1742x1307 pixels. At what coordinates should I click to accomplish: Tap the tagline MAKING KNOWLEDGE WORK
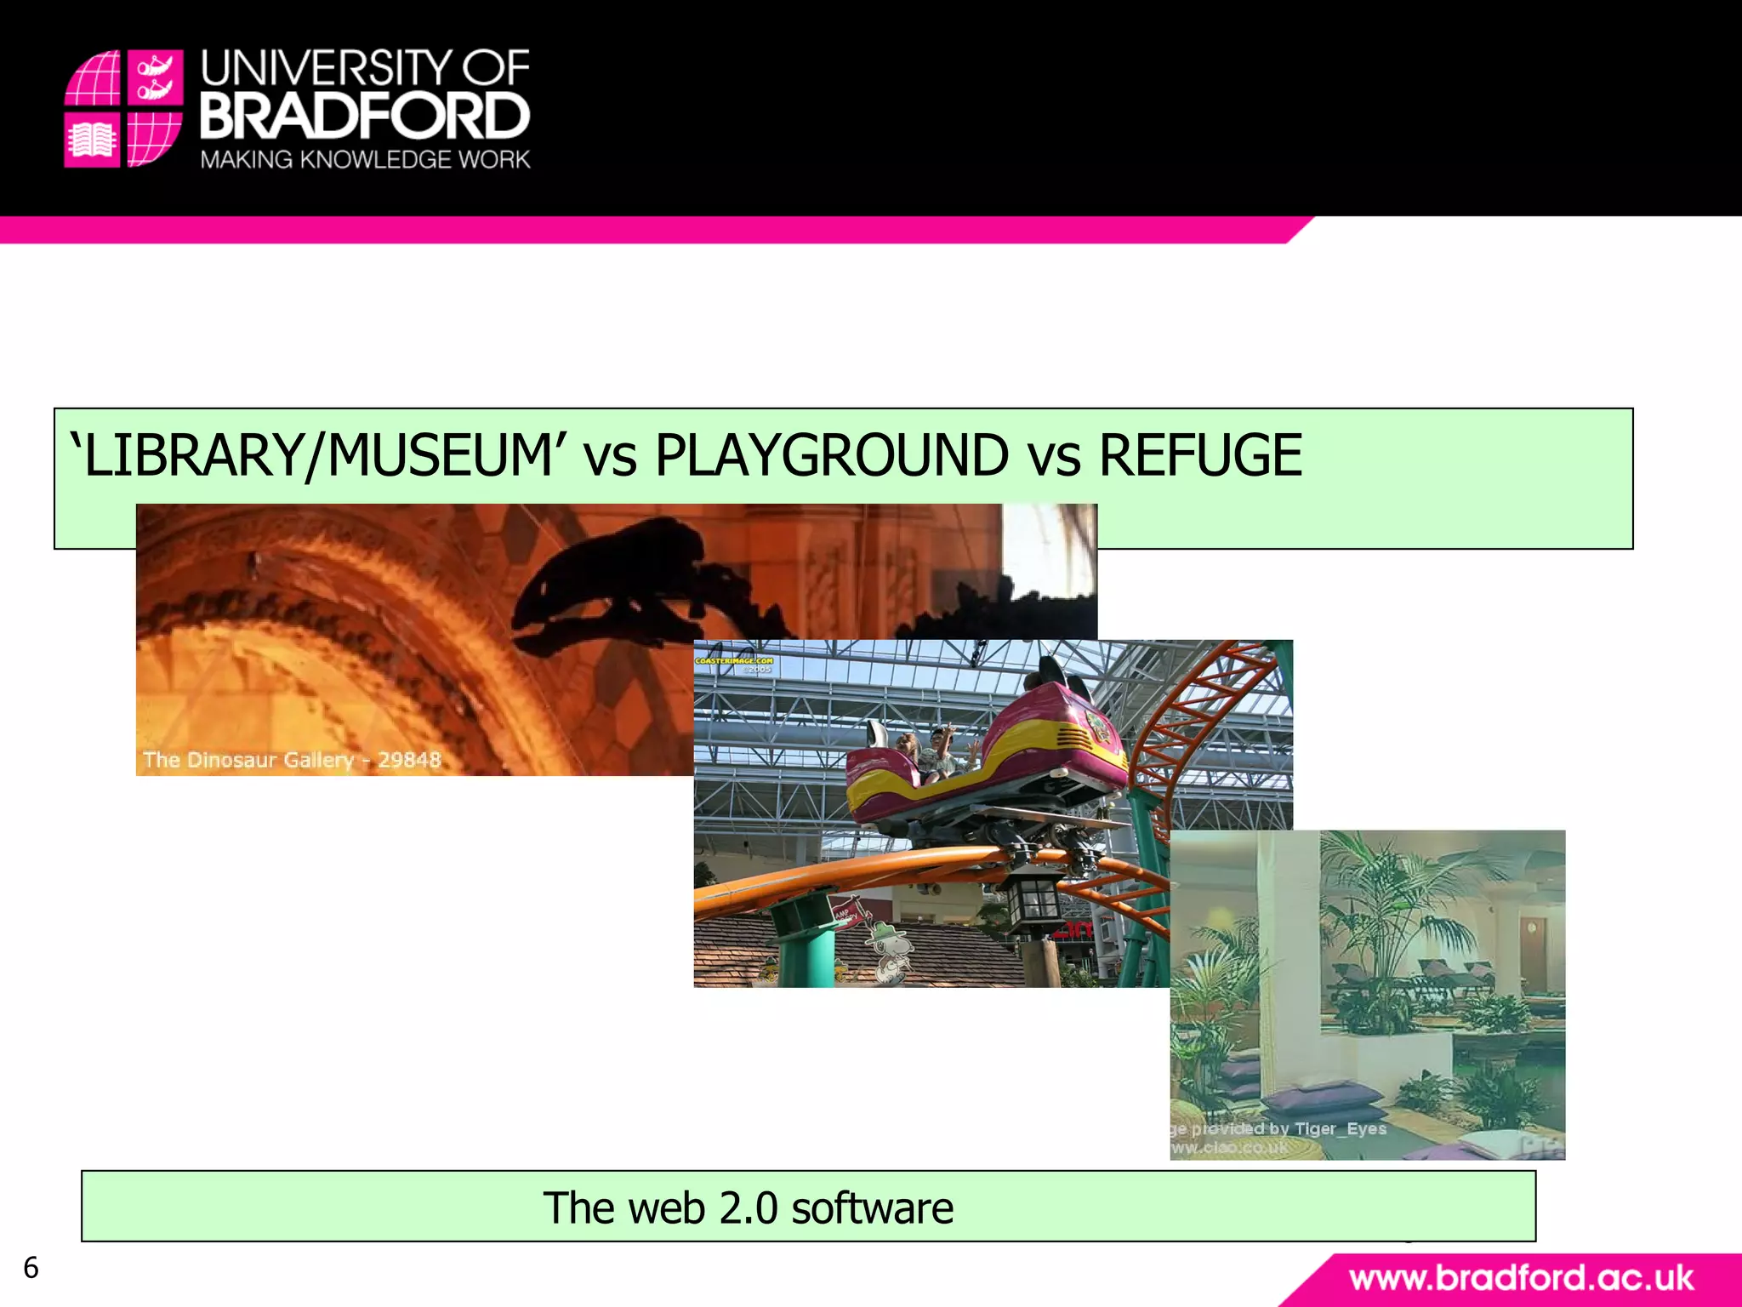click(365, 160)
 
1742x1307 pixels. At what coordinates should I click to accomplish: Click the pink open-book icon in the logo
click(92, 140)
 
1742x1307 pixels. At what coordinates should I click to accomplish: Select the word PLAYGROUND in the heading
click(831, 455)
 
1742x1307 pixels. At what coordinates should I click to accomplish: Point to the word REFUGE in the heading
click(1200, 455)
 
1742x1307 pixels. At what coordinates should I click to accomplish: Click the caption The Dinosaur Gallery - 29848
click(292, 760)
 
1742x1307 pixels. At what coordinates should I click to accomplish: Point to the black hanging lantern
click(1031, 902)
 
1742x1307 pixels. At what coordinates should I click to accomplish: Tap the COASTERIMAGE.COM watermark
click(734, 661)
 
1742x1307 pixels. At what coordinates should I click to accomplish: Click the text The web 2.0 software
click(748, 1207)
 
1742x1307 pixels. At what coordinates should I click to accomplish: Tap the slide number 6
click(31, 1268)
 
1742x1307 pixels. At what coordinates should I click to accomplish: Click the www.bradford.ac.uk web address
click(1521, 1279)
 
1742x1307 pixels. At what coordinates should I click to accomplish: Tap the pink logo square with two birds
click(155, 77)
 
